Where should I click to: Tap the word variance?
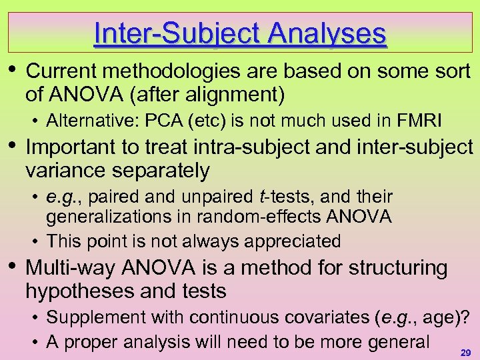69,171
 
